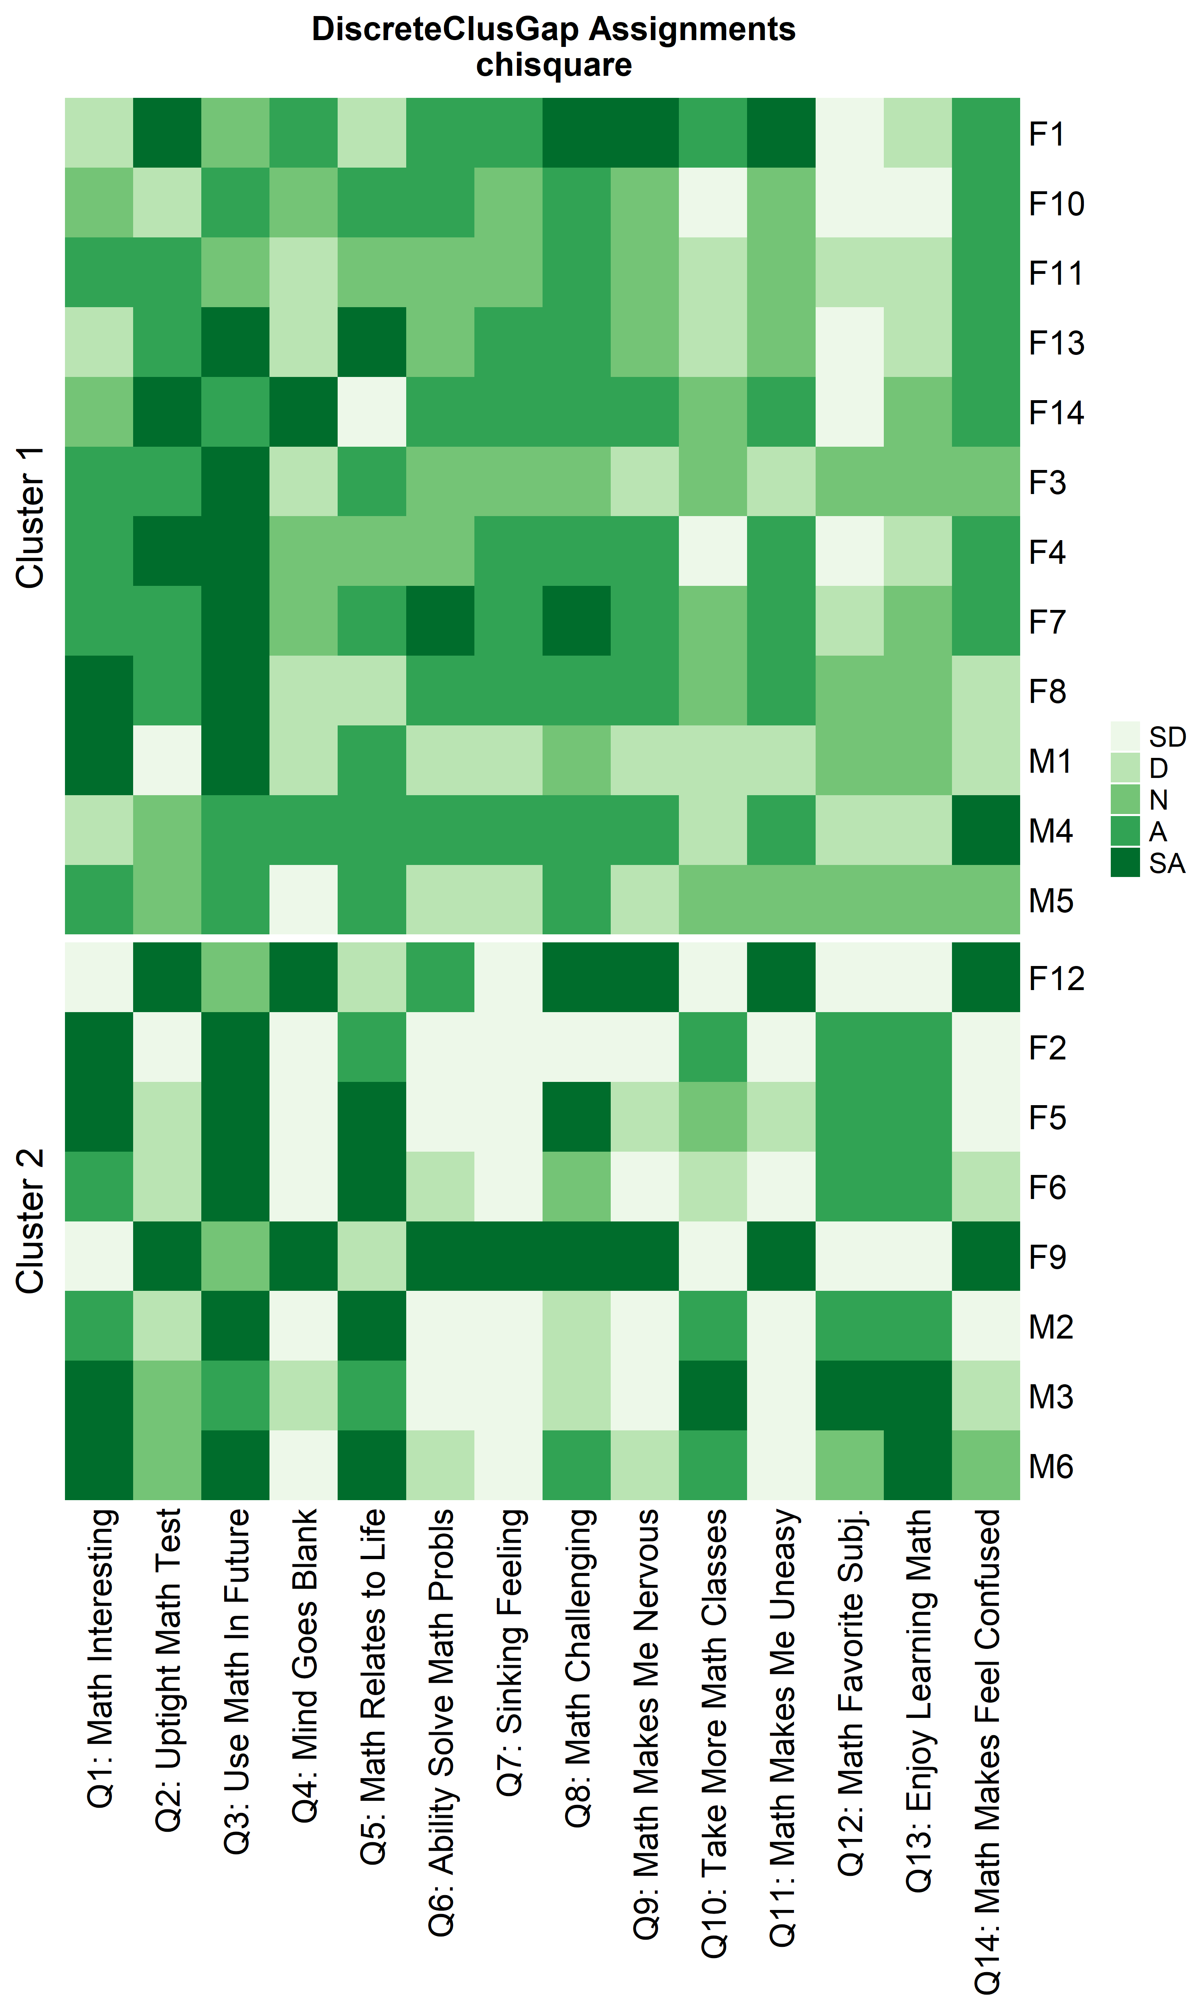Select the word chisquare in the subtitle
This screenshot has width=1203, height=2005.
pos(554,65)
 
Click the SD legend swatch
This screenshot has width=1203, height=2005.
pos(1125,736)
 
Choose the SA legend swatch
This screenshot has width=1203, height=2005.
pos(1125,863)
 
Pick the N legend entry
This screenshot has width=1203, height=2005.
pos(1158,800)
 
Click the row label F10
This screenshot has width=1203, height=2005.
pos(1056,203)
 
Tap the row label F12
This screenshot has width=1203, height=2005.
pos(1056,978)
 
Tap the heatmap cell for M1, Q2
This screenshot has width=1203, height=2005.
pos(167,760)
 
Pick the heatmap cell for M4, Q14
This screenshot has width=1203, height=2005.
pos(986,830)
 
